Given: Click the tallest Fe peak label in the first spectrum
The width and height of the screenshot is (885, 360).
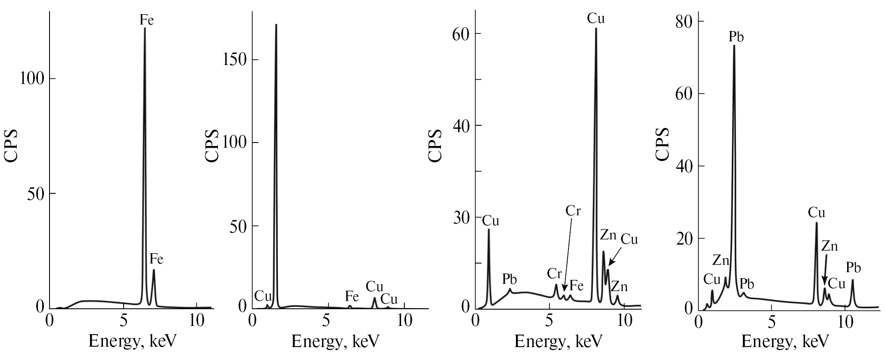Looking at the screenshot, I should [146, 20].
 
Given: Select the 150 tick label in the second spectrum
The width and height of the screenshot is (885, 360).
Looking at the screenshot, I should [236, 60].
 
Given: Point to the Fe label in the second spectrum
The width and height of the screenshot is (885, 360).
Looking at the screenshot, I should [352, 296].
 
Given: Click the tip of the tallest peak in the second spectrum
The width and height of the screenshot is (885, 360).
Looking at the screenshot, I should [276, 25].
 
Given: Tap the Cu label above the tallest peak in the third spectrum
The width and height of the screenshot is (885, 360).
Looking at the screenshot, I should [596, 19].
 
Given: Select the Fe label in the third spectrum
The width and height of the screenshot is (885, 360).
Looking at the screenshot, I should [576, 285].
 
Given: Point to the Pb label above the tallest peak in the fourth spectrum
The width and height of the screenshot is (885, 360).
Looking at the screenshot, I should [736, 37].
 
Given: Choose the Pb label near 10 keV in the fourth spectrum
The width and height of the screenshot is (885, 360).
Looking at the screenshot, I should [853, 268].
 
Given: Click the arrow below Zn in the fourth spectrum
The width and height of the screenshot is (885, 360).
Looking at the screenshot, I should [825, 270].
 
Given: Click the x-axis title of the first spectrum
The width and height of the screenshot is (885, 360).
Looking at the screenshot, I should [133, 341].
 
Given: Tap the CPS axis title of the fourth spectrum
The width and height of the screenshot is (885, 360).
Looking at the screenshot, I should [663, 144].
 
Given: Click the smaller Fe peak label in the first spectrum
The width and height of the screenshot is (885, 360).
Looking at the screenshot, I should [156, 259].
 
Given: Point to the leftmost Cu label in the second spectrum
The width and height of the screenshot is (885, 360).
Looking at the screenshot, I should [263, 296].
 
